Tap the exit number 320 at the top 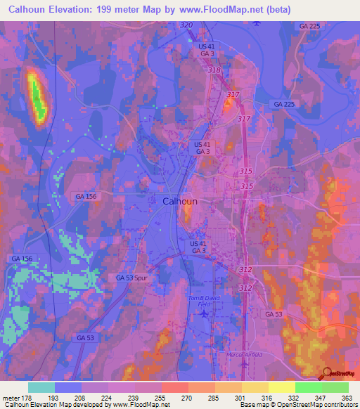coord(186,25)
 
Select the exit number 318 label coord(214,70)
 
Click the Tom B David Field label coord(202,301)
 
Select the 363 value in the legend coord(345,398)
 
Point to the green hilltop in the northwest coord(37,98)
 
